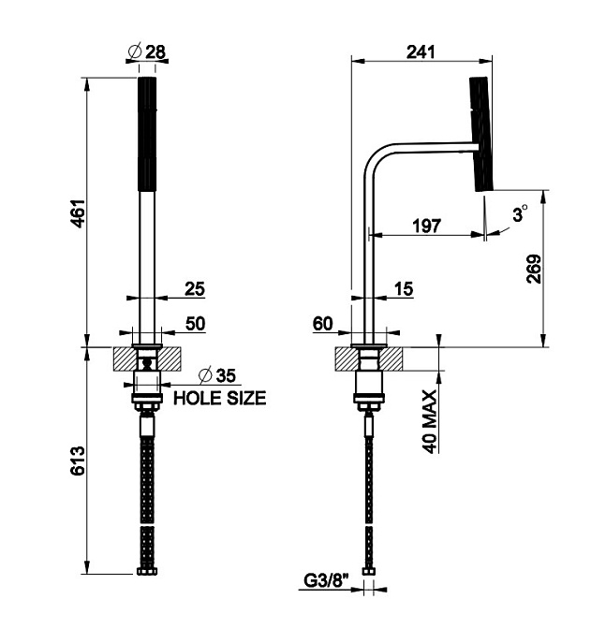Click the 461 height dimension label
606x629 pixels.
point(79,213)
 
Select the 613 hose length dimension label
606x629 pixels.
point(78,461)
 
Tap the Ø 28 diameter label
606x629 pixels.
point(147,51)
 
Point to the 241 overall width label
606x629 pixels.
point(421,51)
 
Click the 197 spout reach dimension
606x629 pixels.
point(426,226)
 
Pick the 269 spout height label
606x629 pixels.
point(534,269)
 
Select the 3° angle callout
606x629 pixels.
point(520,213)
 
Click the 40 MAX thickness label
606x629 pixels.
point(430,421)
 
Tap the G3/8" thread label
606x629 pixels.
point(326,580)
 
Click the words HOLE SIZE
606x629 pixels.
point(220,398)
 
